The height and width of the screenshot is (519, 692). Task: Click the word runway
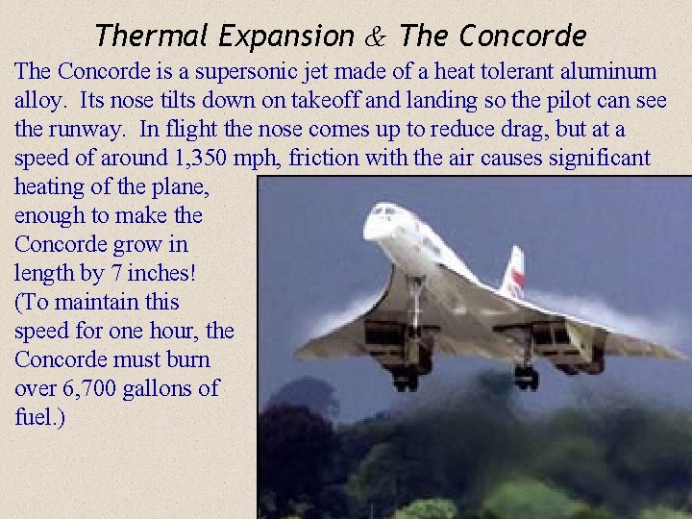(88, 129)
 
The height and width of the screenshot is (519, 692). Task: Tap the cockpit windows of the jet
(386, 210)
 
